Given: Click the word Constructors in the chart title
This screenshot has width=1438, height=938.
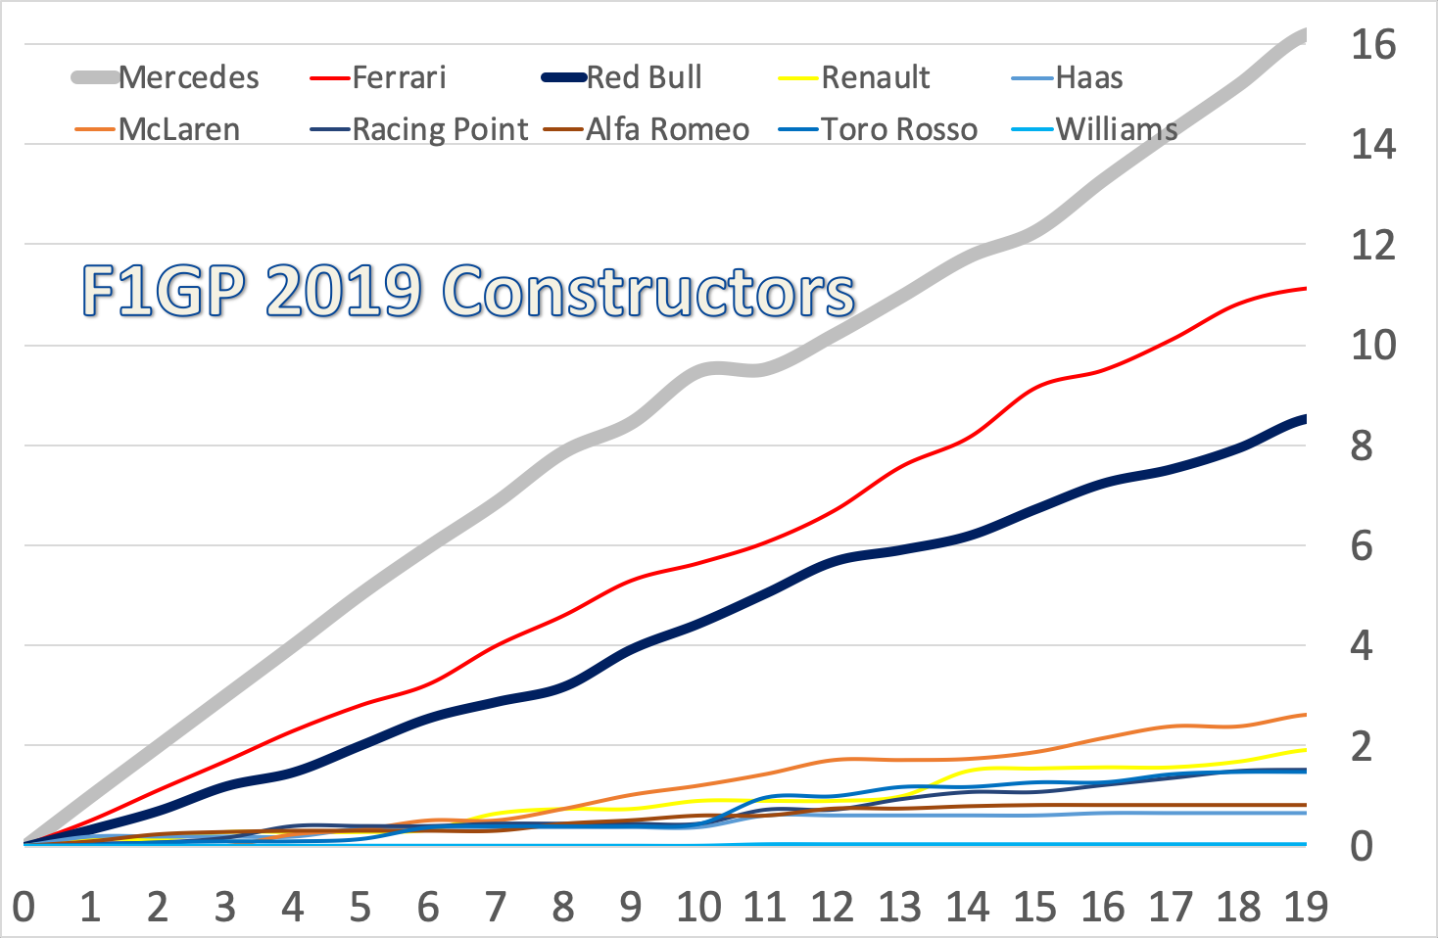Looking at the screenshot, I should coord(648,291).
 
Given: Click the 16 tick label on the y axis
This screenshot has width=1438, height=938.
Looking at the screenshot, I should coord(1372,44).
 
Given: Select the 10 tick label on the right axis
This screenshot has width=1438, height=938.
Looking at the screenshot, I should coord(1372,345).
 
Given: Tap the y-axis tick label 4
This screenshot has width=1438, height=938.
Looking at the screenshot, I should coord(1362,645).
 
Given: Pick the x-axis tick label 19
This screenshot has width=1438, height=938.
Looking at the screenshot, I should coord(1306,907).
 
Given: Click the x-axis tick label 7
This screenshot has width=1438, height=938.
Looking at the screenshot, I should coord(496,907).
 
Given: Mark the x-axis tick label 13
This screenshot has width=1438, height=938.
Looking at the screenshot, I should coord(900,907).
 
